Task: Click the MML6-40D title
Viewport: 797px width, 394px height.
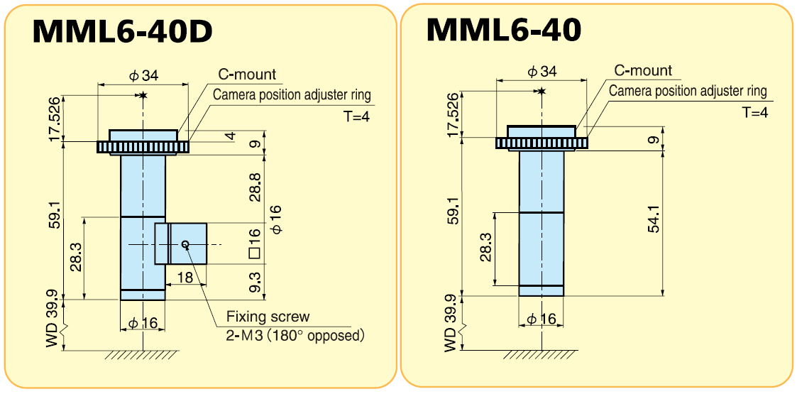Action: tap(123, 31)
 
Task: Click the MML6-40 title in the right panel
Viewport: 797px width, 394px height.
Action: tap(504, 29)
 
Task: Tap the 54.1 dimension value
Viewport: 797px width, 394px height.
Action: tap(654, 219)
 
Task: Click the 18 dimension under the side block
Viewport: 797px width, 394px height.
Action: tap(186, 278)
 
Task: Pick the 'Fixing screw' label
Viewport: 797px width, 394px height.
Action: tap(268, 317)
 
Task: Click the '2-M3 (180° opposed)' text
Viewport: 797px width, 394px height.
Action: tap(296, 336)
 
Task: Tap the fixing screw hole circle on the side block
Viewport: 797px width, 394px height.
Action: tap(185, 244)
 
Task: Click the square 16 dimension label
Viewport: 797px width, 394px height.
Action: tap(255, 244)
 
